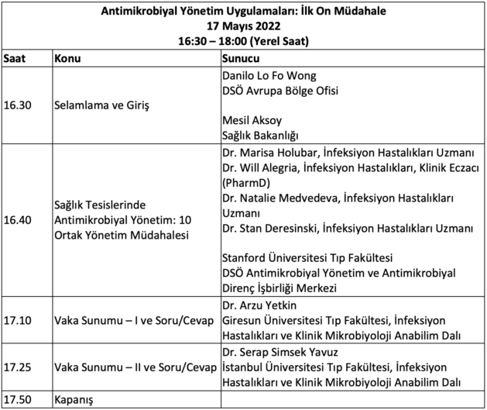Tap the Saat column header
[15, 59]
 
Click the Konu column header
[67, 59]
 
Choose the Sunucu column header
[240, 59]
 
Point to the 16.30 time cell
[19, 104]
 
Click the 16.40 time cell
[19, 220]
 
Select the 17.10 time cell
[19, 320]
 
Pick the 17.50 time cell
[19, 401]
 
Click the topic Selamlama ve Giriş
[101, 104]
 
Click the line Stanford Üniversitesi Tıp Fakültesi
[307, 258]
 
